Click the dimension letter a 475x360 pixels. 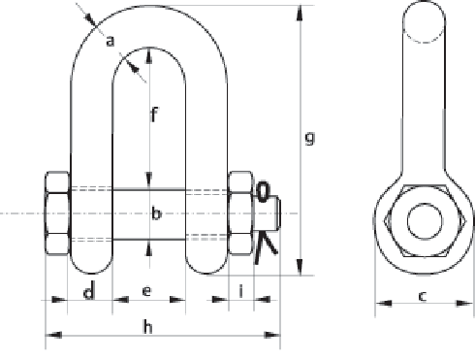click(x=110, y=41)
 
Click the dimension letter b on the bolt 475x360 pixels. click(x=155, y=213)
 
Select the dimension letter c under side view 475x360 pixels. click(x=423, y=297)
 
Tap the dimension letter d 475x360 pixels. click(x=88, y=291)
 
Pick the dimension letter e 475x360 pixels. click(x=147, y=291)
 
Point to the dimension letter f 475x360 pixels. click(x=154, y=117)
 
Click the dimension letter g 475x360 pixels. click(x=310, y=139)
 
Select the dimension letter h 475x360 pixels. click(x=148, y=326)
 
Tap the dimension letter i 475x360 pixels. click(x=240, y=291)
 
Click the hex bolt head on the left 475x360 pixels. click(x=56, y=213)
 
